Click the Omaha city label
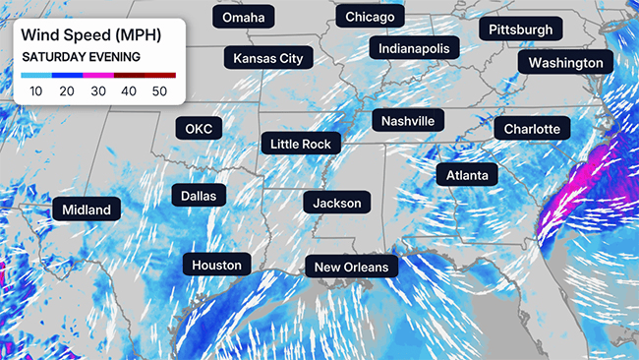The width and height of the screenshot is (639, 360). (x=243, y=19)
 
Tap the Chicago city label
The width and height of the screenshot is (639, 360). (x=370, y=18)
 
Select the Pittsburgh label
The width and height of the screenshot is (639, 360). (x=521, y=30)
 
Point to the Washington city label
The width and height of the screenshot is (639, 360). (x=565, y=63)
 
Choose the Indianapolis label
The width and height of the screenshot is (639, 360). (x=414, y=48)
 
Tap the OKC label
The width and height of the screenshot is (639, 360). (x=199, y=129)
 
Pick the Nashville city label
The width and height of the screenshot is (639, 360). (x=408, y=121)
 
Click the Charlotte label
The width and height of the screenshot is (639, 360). (x=532, y=129)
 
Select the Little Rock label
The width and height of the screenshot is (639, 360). (x=301, y=145)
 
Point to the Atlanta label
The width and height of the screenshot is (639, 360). (x=467, y=175)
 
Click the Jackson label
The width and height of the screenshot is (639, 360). (x=337, y=204)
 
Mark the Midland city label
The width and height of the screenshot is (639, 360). (x=87, y=210)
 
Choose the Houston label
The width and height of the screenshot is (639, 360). (x=216, y=265)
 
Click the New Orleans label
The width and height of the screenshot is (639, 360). (x=351, y=267)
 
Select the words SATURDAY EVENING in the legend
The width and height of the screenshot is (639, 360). (x=81, y=57)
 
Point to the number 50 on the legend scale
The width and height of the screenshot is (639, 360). (x=160, y=91)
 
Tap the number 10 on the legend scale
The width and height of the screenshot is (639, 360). (x=36, y=91)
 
